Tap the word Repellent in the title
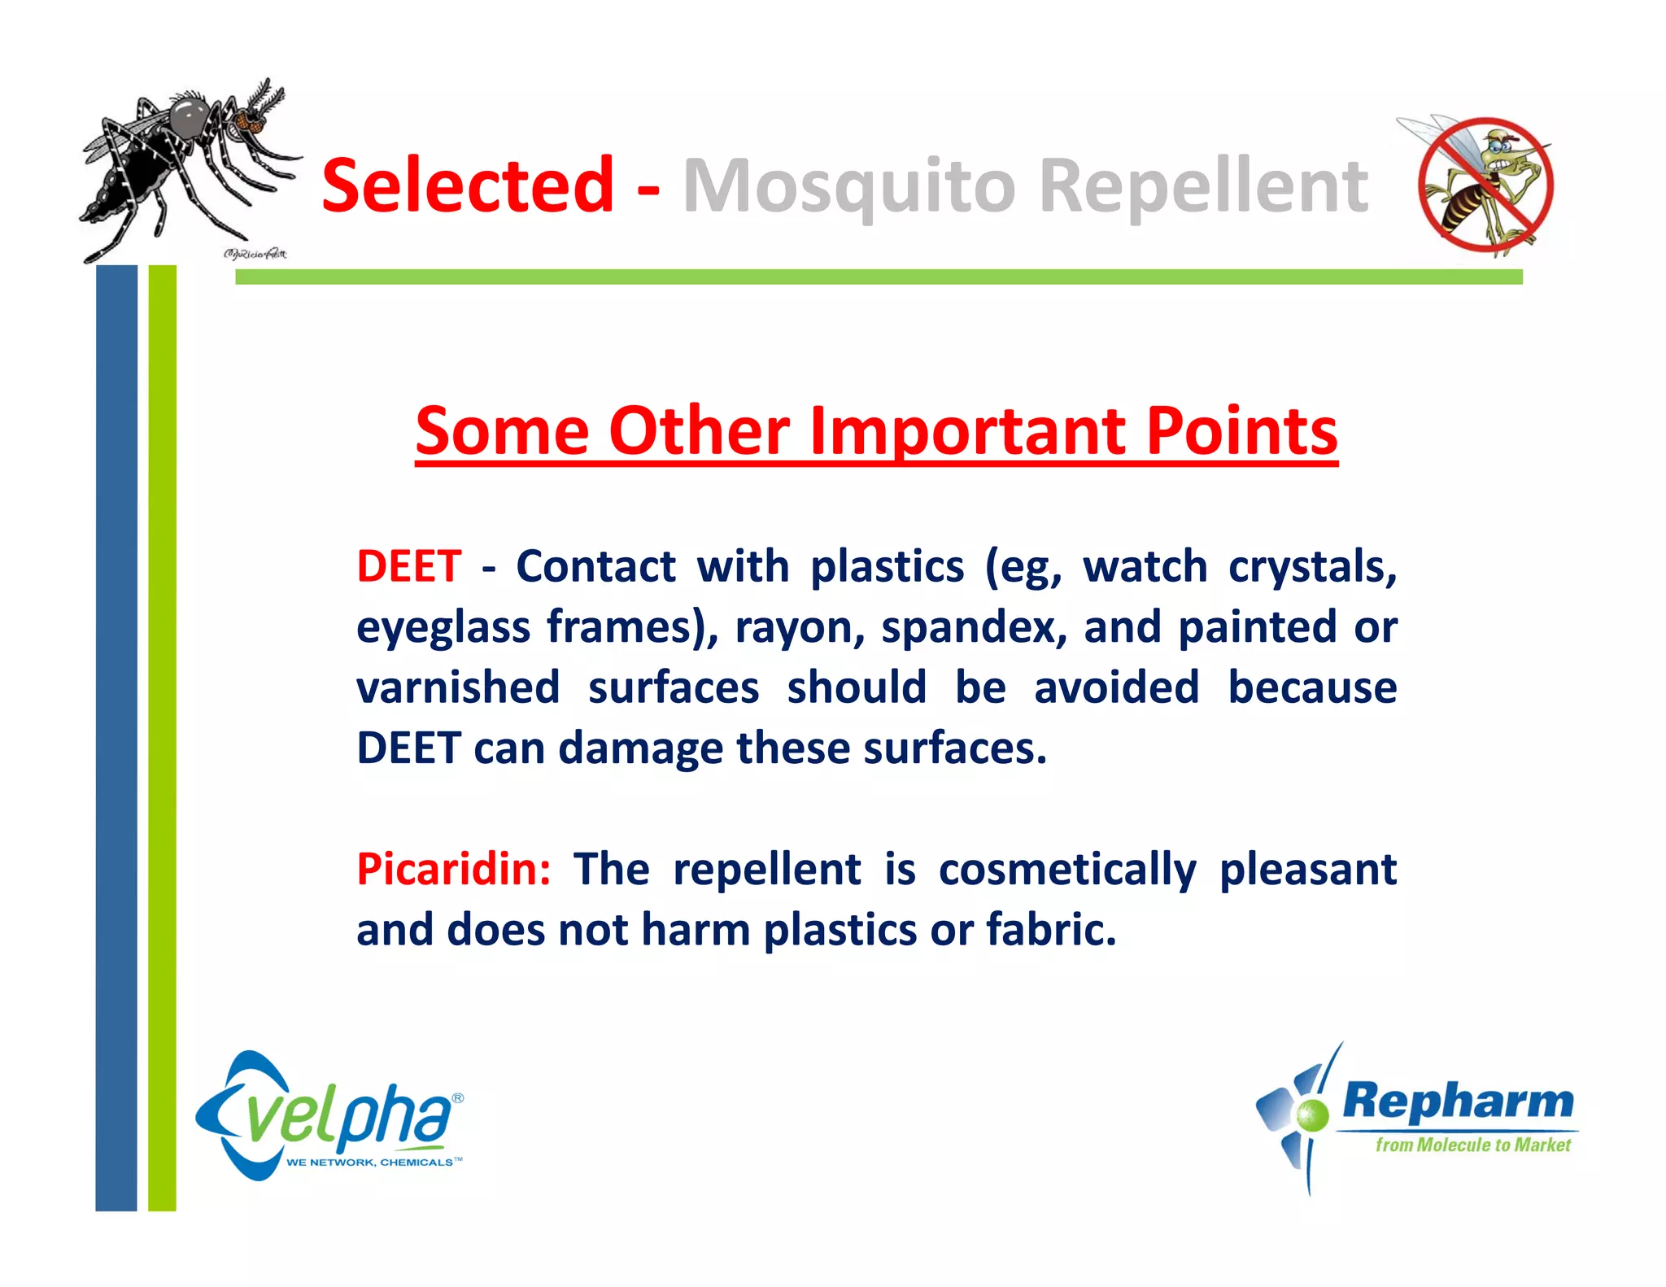[1204, 187]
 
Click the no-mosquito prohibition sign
[1485, 186]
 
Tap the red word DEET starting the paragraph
[409, 566]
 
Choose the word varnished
[458, 687]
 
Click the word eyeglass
[443, 628]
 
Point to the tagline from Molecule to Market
[1472, 1145]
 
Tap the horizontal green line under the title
[879, 277]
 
